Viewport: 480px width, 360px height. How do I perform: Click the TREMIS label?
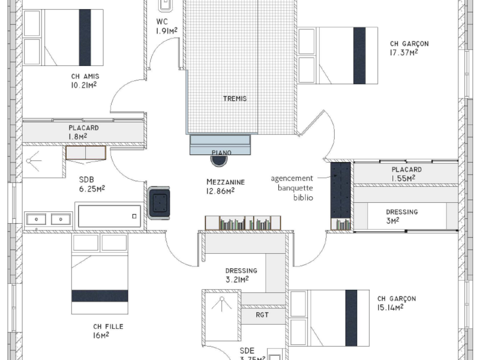point(234,98)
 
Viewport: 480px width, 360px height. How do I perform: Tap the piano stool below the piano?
point(220,159)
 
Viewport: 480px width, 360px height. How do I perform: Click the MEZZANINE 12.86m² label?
point(220,187)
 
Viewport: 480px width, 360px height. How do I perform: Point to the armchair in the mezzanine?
point(160,202)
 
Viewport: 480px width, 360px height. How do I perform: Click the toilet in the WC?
point(166,5)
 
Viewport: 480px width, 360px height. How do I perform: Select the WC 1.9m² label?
point(165,26)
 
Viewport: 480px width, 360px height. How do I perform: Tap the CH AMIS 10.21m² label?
point(84,80)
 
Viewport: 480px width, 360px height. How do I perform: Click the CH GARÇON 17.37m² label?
point(409,48)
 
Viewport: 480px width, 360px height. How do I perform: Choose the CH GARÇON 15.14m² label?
point(396,303)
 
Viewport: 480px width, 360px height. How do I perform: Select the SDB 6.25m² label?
point(92,184)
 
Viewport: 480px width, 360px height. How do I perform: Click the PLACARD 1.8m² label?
point(83,132)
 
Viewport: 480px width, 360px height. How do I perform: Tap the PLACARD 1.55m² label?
point(406,174)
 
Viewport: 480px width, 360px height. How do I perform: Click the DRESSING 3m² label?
point(401,216)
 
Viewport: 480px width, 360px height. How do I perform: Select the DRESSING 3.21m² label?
point(241,274)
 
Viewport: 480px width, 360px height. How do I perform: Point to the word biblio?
point(303,197)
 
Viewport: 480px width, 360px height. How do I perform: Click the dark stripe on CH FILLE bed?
point(100,296)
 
